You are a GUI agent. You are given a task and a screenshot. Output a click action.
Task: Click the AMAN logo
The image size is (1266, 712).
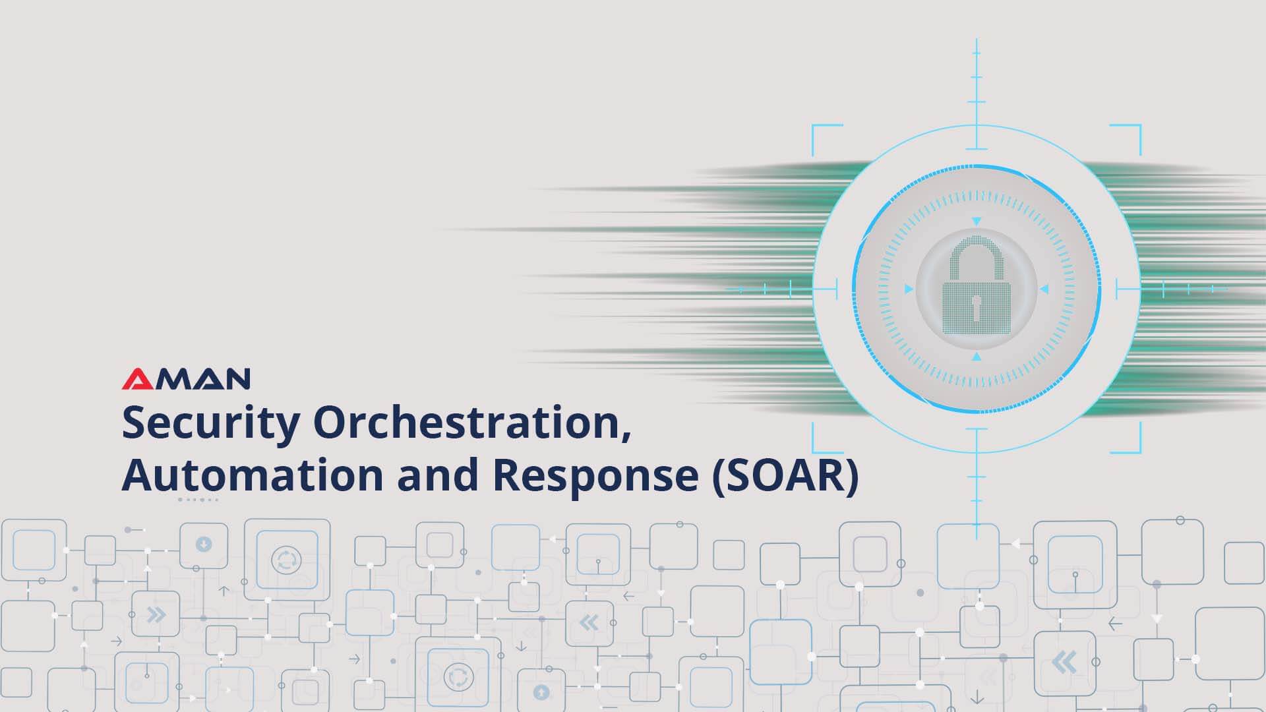(x=186, y=378)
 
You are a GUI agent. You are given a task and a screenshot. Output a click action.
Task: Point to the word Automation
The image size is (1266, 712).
(x=252, y=475)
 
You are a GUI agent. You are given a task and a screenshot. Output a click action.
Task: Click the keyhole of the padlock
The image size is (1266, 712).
(x=976, y=307)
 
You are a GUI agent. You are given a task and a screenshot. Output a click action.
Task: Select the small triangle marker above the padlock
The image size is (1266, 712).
(x=977, y=222)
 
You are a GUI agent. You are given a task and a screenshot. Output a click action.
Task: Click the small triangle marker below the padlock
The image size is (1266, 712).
(x=977, y=357)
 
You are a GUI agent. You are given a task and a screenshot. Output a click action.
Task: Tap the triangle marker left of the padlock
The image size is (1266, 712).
(x=909, y=289)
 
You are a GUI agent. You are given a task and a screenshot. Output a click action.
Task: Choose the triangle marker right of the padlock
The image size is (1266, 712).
(x=1044, y=289)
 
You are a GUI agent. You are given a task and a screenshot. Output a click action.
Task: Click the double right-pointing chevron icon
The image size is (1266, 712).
(x=156, y=615)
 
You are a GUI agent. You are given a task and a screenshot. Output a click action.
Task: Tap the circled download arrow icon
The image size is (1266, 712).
(x=204, y=545)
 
